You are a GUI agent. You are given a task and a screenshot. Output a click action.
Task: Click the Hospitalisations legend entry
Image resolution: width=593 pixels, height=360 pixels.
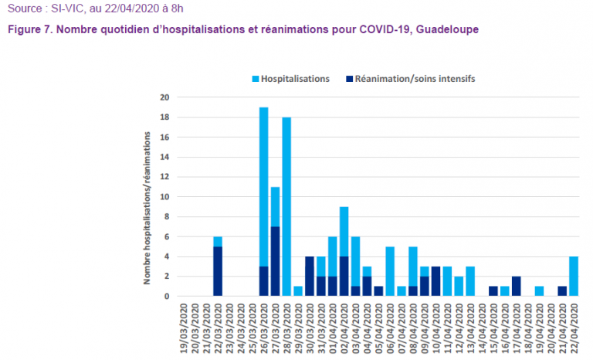click(295, 79)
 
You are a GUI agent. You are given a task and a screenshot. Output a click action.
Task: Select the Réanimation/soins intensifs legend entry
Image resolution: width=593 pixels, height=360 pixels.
click(415, 79)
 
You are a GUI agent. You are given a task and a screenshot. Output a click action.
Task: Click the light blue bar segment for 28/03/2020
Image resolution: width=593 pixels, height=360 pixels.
click(286, 206)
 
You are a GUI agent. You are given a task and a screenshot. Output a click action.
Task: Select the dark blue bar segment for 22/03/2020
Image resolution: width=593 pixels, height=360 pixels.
click(218, 271)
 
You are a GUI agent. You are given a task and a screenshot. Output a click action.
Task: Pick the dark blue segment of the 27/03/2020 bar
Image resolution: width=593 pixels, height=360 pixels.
click(275, 261)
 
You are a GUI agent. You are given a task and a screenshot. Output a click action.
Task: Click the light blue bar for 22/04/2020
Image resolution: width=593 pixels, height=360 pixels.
click(574, 276)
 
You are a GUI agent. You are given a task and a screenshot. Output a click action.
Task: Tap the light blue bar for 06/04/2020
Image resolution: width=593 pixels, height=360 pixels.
click(390, 271)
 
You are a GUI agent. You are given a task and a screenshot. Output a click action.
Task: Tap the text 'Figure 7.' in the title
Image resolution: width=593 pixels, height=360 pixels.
click(29, 29)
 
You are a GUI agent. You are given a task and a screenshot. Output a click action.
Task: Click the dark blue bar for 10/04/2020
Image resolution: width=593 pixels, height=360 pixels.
click(436, 281)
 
